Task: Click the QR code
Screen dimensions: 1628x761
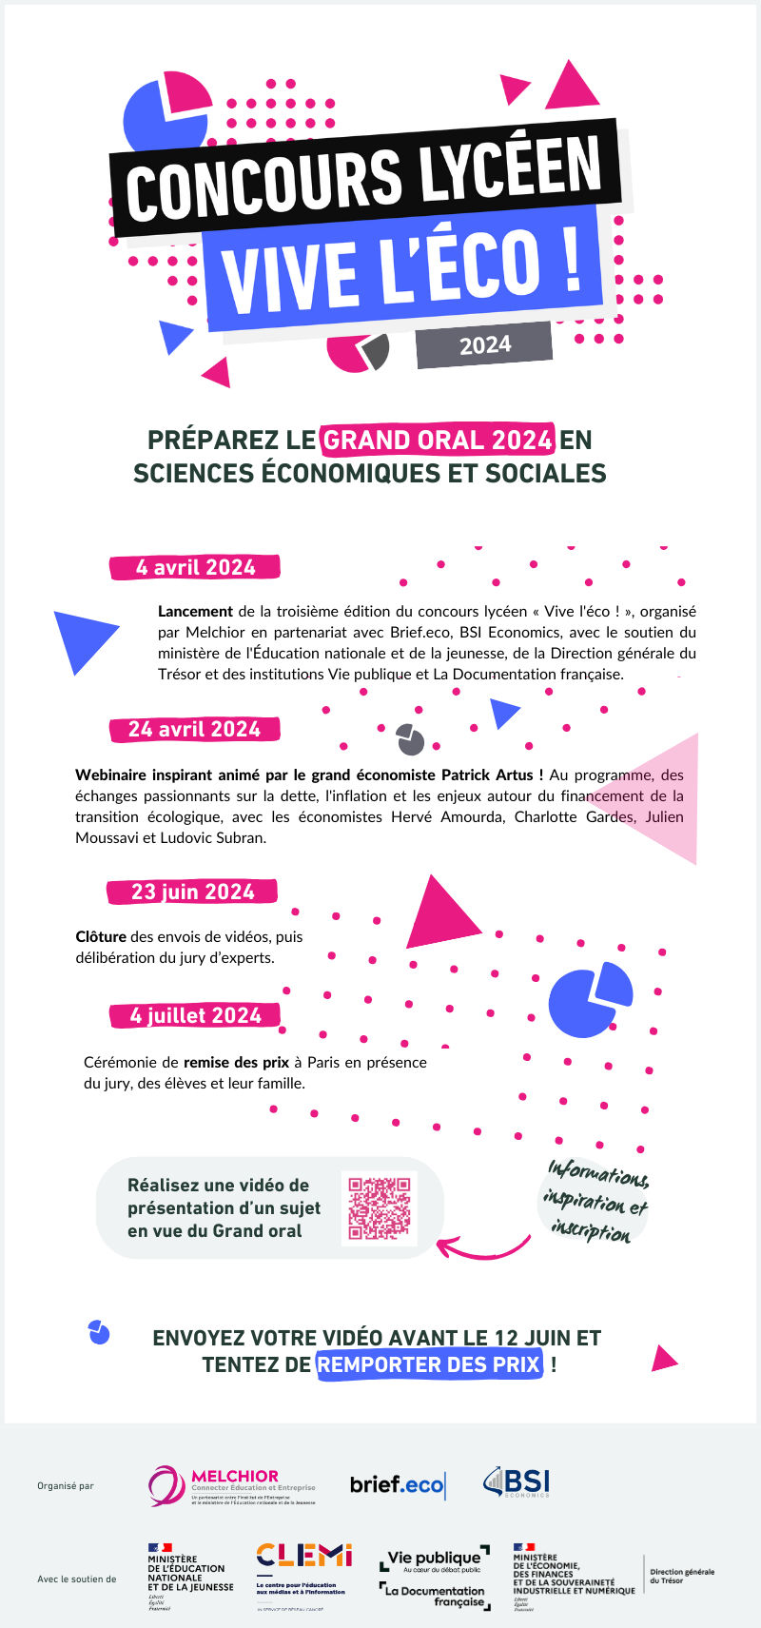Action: pos(379,1207)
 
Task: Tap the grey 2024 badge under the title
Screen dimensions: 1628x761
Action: pos(484,344)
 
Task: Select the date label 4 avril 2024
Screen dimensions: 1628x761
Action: pos(195,567)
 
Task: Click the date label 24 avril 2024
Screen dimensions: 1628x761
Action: pos(194,729)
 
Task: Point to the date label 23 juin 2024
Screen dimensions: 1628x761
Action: pos(192,892)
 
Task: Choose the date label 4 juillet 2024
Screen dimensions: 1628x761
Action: pos(195,1015)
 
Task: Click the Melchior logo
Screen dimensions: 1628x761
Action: pos(231,1484)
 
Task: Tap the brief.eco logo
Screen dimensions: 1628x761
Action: pos(397,1485)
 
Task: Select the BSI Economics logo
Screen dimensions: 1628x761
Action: pos(517,1482)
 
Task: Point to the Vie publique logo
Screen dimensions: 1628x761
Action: pos(434,1559)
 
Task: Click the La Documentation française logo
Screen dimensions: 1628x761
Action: pos(435,1596)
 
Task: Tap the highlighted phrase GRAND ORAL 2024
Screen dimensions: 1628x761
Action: pos(438,440)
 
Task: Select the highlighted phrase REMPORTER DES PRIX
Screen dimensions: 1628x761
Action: pos(429,1364)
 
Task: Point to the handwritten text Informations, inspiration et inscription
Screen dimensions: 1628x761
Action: pos(595,1202)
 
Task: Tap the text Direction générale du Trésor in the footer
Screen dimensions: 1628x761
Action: pos(681,1576)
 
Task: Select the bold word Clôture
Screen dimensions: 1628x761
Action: pos(101,936)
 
